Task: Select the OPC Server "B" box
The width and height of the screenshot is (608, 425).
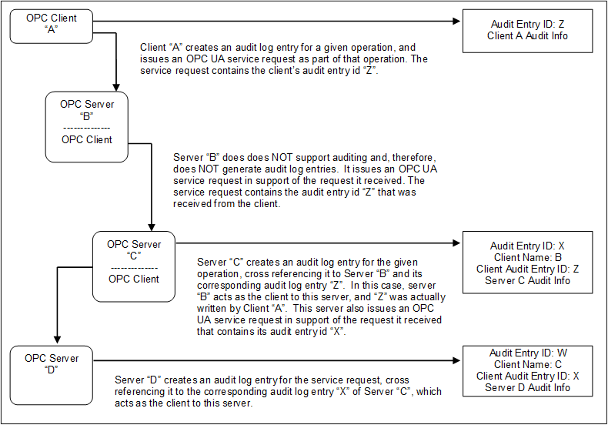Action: click(86, 127)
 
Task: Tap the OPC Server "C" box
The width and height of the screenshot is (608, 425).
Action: click(134, 266)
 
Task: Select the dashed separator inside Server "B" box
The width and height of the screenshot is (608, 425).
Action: click(86, 128)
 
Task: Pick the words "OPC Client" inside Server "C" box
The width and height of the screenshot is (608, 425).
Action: click(134, 279)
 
